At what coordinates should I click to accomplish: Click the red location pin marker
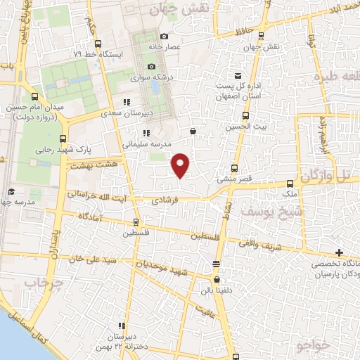(181, 165)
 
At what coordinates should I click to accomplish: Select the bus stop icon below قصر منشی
(236, 169)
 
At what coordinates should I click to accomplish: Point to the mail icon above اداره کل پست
(238, 76)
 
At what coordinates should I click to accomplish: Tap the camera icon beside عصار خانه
(164, 37)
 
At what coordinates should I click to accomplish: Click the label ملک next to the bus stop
(289, 193)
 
